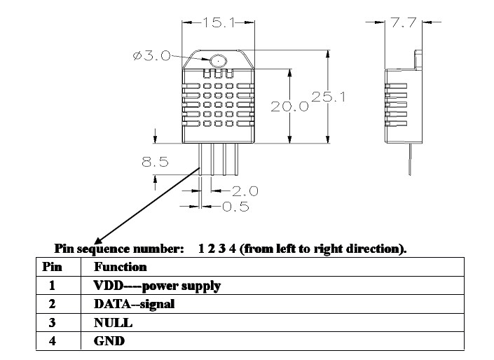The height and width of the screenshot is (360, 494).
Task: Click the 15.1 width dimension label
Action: pos(219,22)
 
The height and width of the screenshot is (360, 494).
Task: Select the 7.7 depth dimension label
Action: pos(404,22)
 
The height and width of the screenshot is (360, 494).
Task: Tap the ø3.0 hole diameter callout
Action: pos(152,56)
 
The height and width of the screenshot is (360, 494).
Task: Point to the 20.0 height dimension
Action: pos(289,106)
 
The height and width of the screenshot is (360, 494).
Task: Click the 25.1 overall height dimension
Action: pos(329,97)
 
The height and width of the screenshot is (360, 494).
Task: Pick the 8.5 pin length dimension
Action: pos(155,162)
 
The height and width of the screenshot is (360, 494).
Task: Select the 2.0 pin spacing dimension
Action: pos(245,191)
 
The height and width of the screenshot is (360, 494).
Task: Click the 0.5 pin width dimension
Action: pos(235,207)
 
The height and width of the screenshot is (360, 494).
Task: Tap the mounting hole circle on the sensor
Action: pos(219,60)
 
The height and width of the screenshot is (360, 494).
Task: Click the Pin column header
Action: pos(53,267)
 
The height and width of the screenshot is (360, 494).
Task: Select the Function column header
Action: pos(121,267)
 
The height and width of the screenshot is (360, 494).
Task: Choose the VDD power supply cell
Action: pos(157,286)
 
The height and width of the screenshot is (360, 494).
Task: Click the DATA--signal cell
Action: pos(135,304)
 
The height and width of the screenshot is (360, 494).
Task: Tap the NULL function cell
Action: pos(113,323)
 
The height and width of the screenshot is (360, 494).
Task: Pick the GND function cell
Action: pos(109,341)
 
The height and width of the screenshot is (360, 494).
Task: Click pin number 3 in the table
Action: pos(53,323)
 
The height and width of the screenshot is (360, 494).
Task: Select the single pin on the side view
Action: pos(410,159)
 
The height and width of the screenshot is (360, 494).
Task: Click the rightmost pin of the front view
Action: pos(236,159)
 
